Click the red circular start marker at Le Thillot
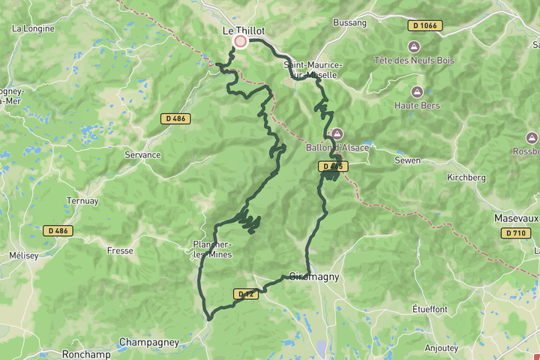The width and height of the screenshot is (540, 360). coord(240,41)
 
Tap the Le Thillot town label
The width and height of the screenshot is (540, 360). coord(244,30)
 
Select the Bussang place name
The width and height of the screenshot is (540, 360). coord(350,23)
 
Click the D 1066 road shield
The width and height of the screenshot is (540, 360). coord(425,25)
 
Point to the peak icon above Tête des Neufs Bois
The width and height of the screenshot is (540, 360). coord(415,46)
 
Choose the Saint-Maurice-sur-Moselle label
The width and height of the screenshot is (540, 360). coord(313,70)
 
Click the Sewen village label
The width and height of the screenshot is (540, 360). coord(408,160)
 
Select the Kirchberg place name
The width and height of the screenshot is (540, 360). coord(466,178)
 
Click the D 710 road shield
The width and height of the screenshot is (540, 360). coord(515,233)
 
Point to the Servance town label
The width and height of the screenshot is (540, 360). coord(142,155)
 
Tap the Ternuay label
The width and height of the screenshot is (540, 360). coord(82,201)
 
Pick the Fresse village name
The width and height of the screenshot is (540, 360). coord(120,250)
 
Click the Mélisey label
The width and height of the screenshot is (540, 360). coord(23,256)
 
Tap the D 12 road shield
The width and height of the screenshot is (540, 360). coord(245,295)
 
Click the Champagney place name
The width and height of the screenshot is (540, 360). coord(149,342)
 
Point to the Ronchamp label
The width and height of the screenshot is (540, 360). coord(86,354)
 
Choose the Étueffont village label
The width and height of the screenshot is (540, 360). coord(430,309)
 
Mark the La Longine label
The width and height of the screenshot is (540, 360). coord(32,28)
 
